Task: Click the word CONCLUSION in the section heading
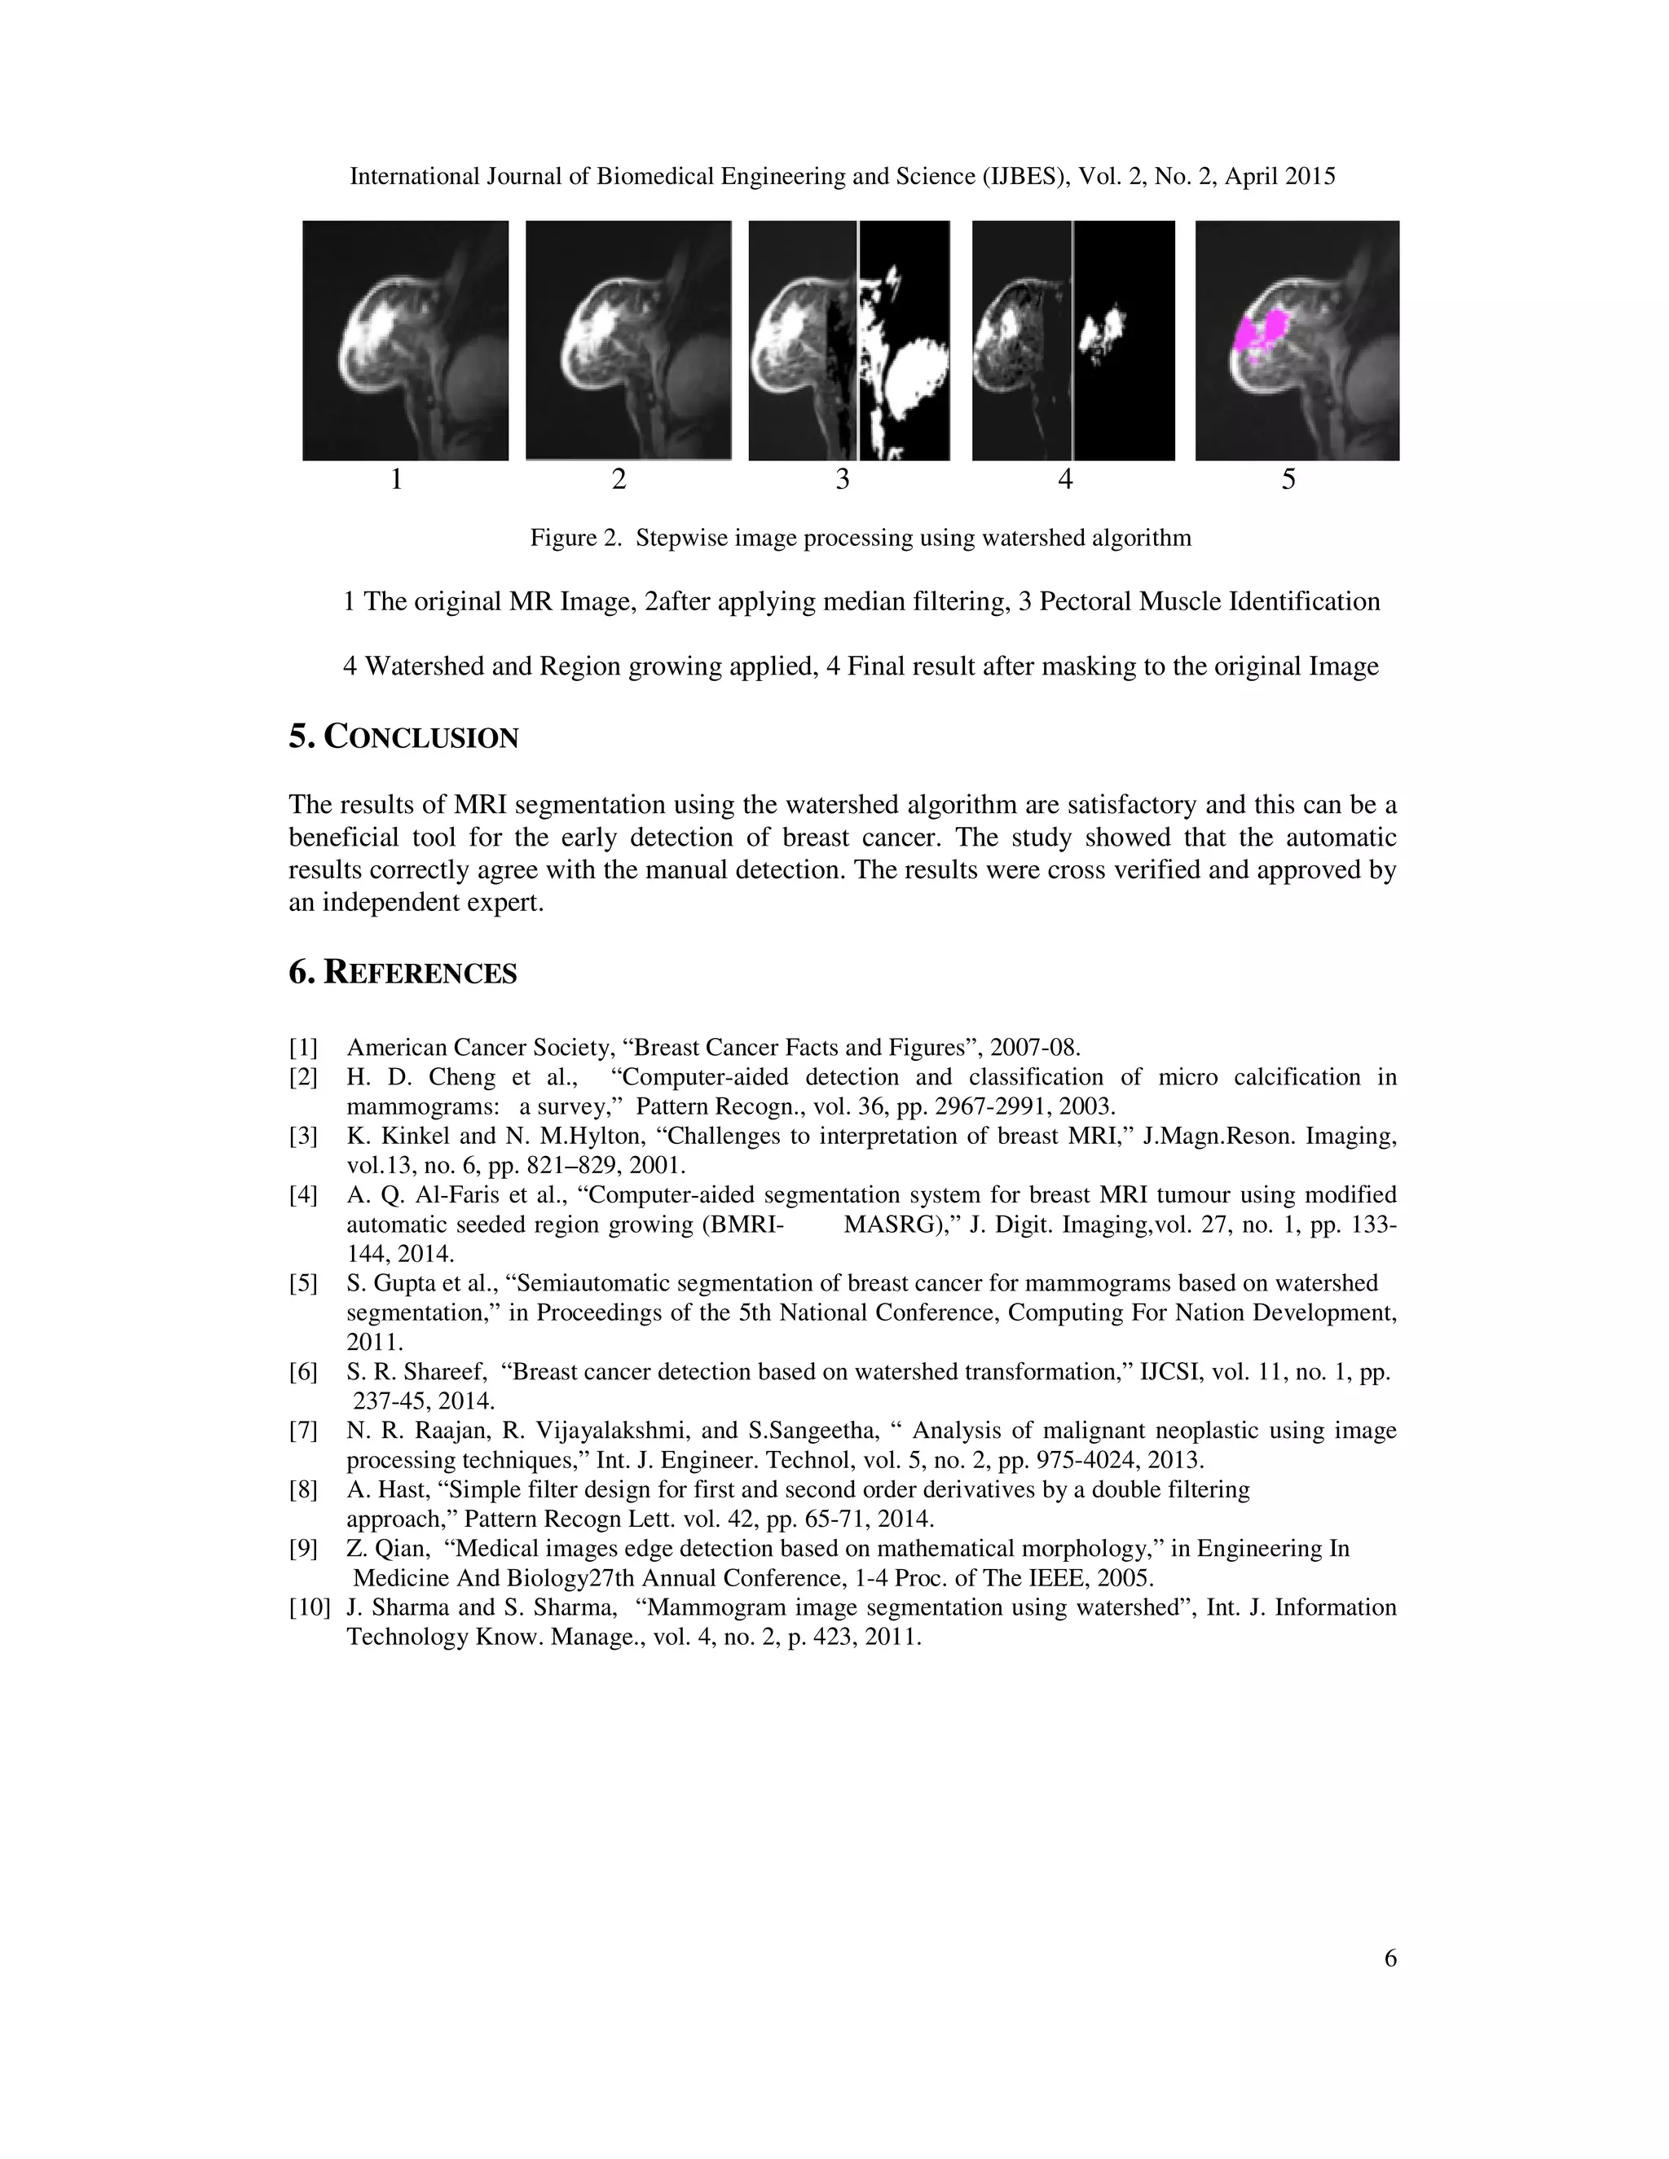421,737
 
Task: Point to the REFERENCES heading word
421,974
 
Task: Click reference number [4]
303,1195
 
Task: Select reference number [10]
309,1607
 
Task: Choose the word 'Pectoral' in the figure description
1085,602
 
